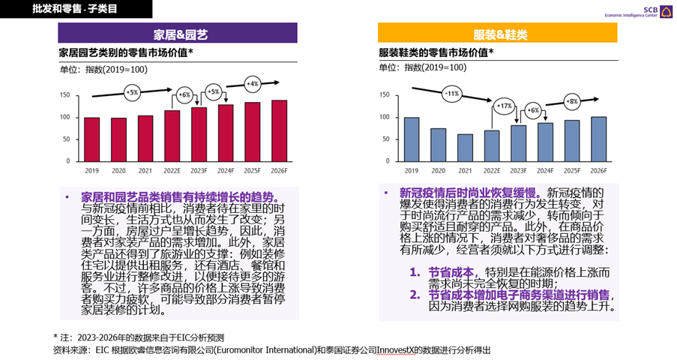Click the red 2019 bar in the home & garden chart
[91, 139]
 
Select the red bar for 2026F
[279, 131]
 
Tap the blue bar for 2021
[465, 148]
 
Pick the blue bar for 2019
[412, 139]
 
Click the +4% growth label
[253, 83]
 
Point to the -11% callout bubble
[451, 94]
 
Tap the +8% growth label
[573, 101]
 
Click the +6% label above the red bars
[184, 95]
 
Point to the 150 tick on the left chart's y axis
[64, 95]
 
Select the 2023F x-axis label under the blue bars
[518, 171]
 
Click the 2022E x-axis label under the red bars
[172, 171]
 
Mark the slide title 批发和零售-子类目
[75, 9]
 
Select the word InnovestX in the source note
[397, 349]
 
